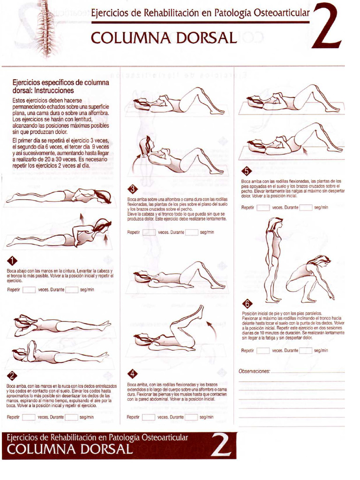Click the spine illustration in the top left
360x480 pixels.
click(x=46, y=26)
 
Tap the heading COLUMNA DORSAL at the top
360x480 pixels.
click(x=164, y=37)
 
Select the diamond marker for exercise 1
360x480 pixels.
click(x=13, y=261)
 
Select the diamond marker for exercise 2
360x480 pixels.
click(x=13, y=375)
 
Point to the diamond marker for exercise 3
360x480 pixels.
click(x=133, y=189)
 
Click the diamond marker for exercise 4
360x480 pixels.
click(x=133, y=374)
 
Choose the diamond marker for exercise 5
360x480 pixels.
click(x=247, y=171)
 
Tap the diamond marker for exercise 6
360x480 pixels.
click(x=247, y=303)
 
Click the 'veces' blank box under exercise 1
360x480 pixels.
click(x=29, y=290)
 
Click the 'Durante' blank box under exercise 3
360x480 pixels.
click(x=191, y=232)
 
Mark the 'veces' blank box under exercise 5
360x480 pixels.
click(x=263, y=207)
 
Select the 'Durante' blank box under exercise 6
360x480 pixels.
click(x=306, y=350)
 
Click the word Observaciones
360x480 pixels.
click(x=254, y=371)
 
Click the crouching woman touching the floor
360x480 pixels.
click(x=310, y=279)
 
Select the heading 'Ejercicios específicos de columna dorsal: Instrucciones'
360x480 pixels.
click(x=60, y=86)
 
